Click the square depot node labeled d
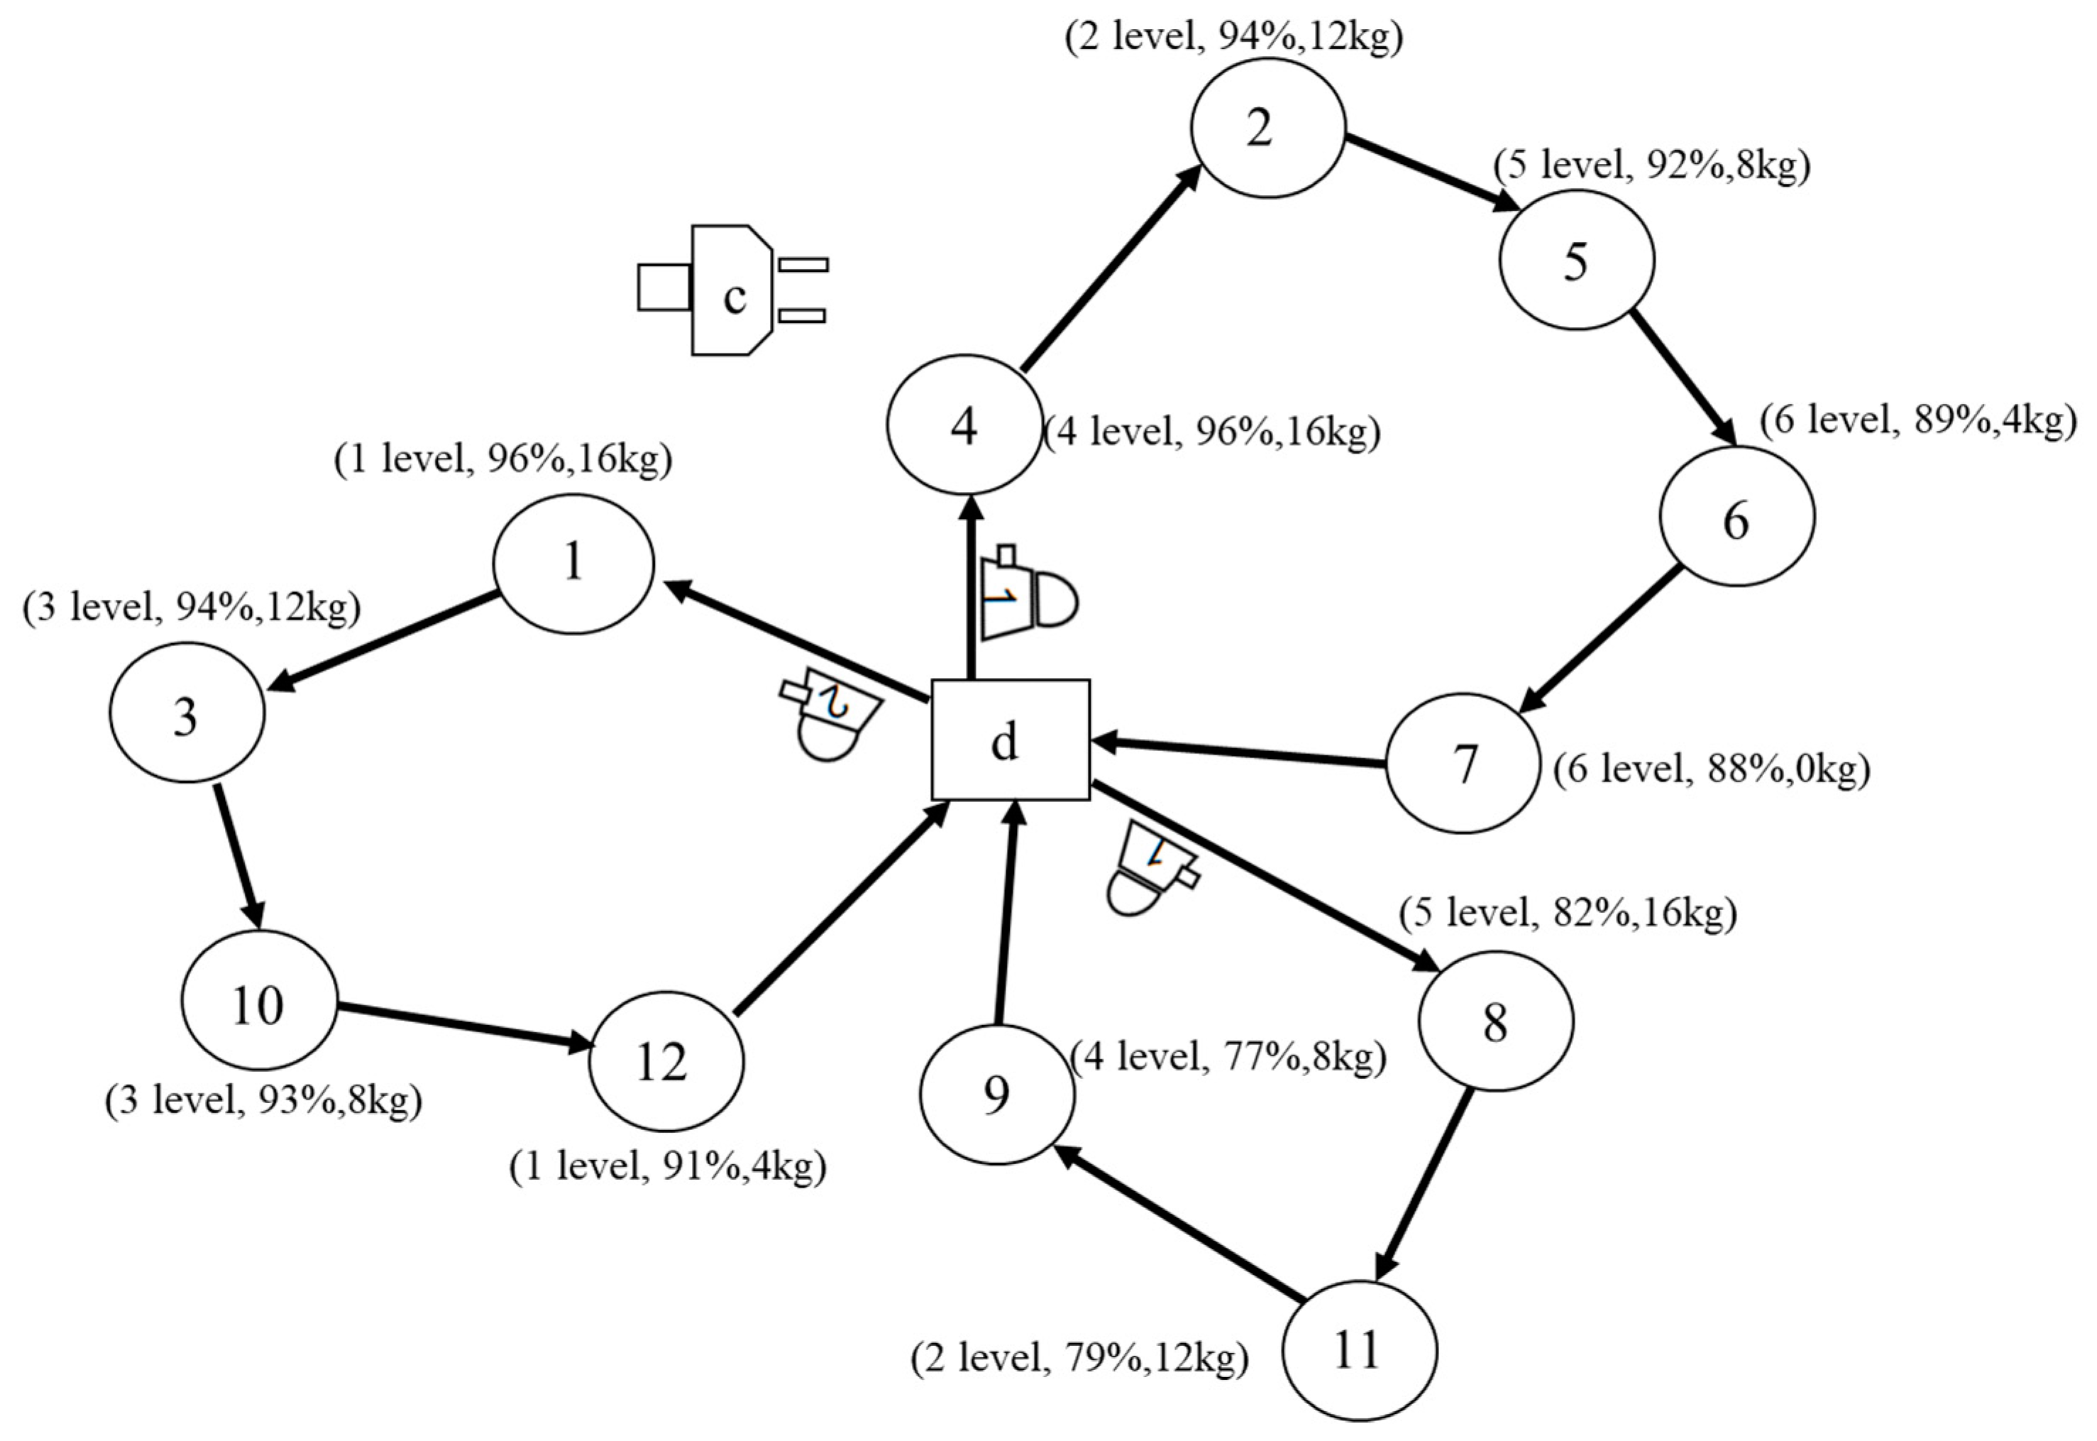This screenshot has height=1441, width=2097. pyautogui.click(x=1010, y=740)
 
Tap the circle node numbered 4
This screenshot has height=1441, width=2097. pyautogui.click(x=964, y=424)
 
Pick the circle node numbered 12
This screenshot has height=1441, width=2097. pyautogui.click(x=666, y=1062)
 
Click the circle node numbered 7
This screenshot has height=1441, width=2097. pyautogui.click(x=1463, y=763)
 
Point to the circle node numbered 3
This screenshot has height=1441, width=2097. pyautogui.click(x=187, y=713)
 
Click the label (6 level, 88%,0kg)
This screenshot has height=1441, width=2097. pyautogui.click(x=1711, y=769)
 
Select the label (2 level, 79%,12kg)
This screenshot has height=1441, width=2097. pyautogui.click(x=1079, y=1358)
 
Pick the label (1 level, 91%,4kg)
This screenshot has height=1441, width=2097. pyautogui.click(x=668, y=1166)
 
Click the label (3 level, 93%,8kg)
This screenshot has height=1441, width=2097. pyautogui.click(x=263, y=1102)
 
